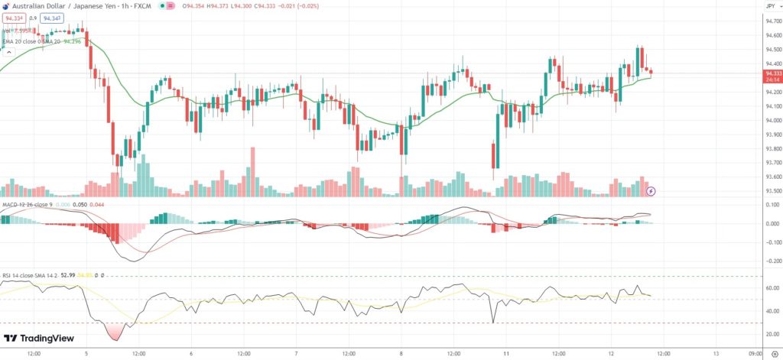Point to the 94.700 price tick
[x=772, y=21]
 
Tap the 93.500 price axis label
[x=772, y=191]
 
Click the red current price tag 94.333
[x=772, y=73]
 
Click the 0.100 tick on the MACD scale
[x=772, y=205]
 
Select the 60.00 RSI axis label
[x=772, y=288]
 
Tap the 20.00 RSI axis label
[x=772, y=334]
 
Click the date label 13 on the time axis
[x=715, y=354]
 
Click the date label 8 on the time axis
[x=401, y=354]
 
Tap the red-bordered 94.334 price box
[x=15, y=18]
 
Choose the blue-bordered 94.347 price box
[x=53, y=18]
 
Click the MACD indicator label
[x=9, y=205]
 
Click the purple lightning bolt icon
[x=651, y=190]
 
